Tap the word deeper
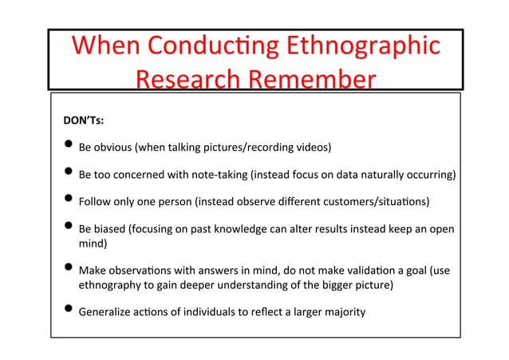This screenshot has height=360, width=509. coord(199,284)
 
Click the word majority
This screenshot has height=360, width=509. coord(344,311)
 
